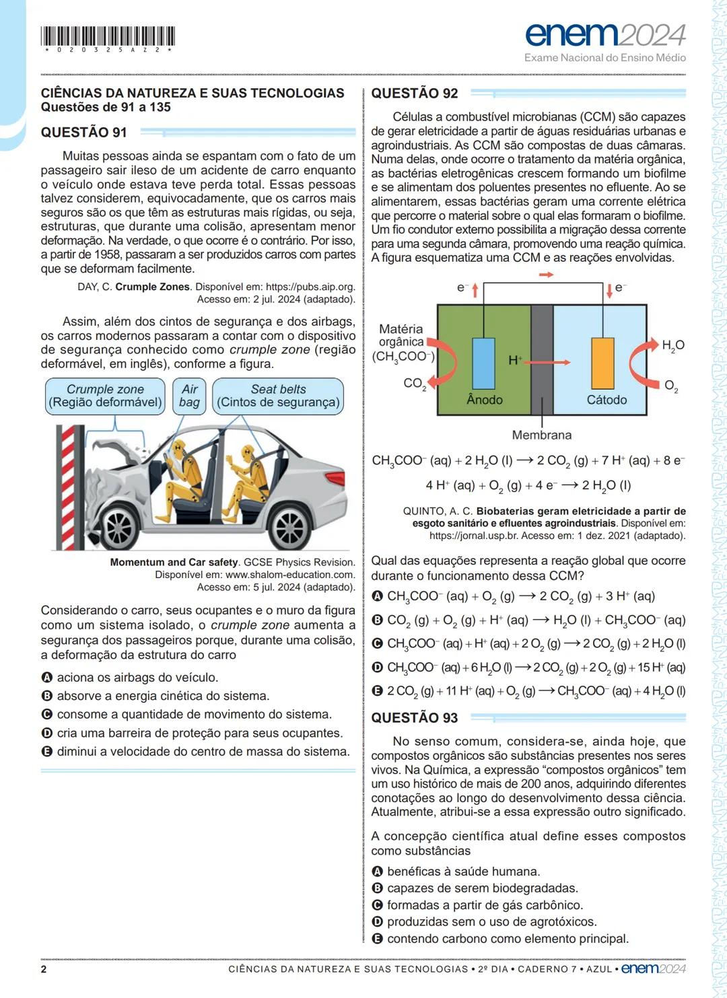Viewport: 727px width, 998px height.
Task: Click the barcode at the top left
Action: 108,36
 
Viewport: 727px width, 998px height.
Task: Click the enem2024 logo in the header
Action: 604,34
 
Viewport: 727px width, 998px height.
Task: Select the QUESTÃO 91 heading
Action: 83,133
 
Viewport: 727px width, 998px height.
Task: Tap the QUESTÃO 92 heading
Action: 414,94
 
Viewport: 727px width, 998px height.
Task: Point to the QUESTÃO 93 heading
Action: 414,718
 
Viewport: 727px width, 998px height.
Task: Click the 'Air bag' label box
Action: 189,396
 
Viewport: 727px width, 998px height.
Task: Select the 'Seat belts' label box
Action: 278,396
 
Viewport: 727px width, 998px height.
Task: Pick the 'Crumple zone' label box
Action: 105,396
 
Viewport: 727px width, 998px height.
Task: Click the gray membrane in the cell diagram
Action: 542,360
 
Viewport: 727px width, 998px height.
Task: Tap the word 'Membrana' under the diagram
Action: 541,435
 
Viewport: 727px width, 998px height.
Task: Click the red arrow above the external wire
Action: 546,275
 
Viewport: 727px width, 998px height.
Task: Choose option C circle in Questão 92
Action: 378,643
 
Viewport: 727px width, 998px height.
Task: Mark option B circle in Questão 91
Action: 47,696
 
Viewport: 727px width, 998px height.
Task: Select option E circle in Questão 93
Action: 378,939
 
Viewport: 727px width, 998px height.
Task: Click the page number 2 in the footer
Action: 44,969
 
